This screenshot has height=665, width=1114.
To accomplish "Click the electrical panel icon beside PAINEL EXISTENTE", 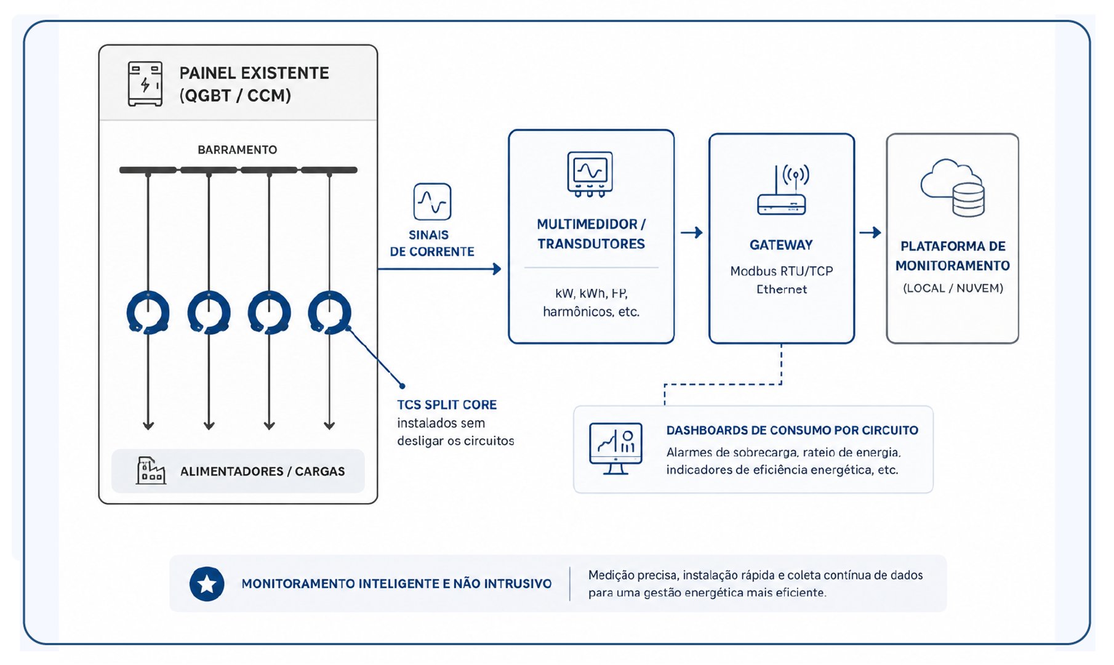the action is click(145, 84).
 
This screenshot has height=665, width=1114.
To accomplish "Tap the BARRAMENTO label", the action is click(237, 150).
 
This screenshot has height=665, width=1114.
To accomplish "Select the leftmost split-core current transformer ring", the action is click(148, 312).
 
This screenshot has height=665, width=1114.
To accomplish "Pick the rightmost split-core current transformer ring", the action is click(329, 312).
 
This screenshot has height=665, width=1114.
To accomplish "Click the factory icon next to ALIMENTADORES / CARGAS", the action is click(151, 470).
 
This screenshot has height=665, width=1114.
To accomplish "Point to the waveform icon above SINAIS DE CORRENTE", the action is click(432, 201).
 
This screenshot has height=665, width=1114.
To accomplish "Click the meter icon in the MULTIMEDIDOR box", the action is click(590, 174).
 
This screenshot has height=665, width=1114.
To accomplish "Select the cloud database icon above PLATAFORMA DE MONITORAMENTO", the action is click(953, 187).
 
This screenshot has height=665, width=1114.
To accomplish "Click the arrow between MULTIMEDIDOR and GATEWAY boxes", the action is click(692, 232).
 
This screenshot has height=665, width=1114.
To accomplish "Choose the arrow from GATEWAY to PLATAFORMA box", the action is click(870, 232).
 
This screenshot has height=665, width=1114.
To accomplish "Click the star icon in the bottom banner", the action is click(207, 584).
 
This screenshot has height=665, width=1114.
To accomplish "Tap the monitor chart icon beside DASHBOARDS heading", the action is click(615, 448).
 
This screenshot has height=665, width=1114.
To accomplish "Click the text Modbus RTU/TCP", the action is click(782, 271).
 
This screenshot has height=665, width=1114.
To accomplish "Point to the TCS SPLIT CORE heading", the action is click(447, 405).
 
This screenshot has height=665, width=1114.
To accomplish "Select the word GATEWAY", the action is click(781, 245).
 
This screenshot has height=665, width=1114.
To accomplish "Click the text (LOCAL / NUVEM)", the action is click(953, 288).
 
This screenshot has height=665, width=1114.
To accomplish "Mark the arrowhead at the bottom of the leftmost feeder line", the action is click(148, 425).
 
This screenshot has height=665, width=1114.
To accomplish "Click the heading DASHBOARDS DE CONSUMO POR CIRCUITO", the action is click(792, 430).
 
